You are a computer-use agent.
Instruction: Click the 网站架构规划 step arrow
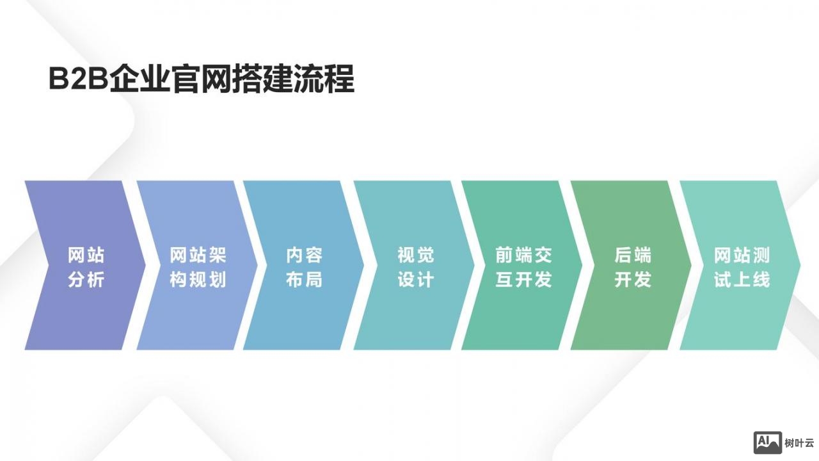198,266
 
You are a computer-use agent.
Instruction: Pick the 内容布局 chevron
304,266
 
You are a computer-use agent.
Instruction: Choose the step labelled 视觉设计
415,266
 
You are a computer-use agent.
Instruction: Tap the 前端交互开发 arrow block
523,266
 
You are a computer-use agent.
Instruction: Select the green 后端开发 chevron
632,266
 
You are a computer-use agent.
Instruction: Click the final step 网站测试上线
742,266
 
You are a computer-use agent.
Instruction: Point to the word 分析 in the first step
86,280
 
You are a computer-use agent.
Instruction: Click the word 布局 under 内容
304,280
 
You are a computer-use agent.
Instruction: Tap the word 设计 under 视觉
415,280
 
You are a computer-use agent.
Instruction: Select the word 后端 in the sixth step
632,255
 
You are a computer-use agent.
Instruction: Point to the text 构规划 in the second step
198,280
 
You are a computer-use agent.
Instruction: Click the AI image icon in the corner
768,442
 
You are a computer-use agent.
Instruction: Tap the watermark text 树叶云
799,442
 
